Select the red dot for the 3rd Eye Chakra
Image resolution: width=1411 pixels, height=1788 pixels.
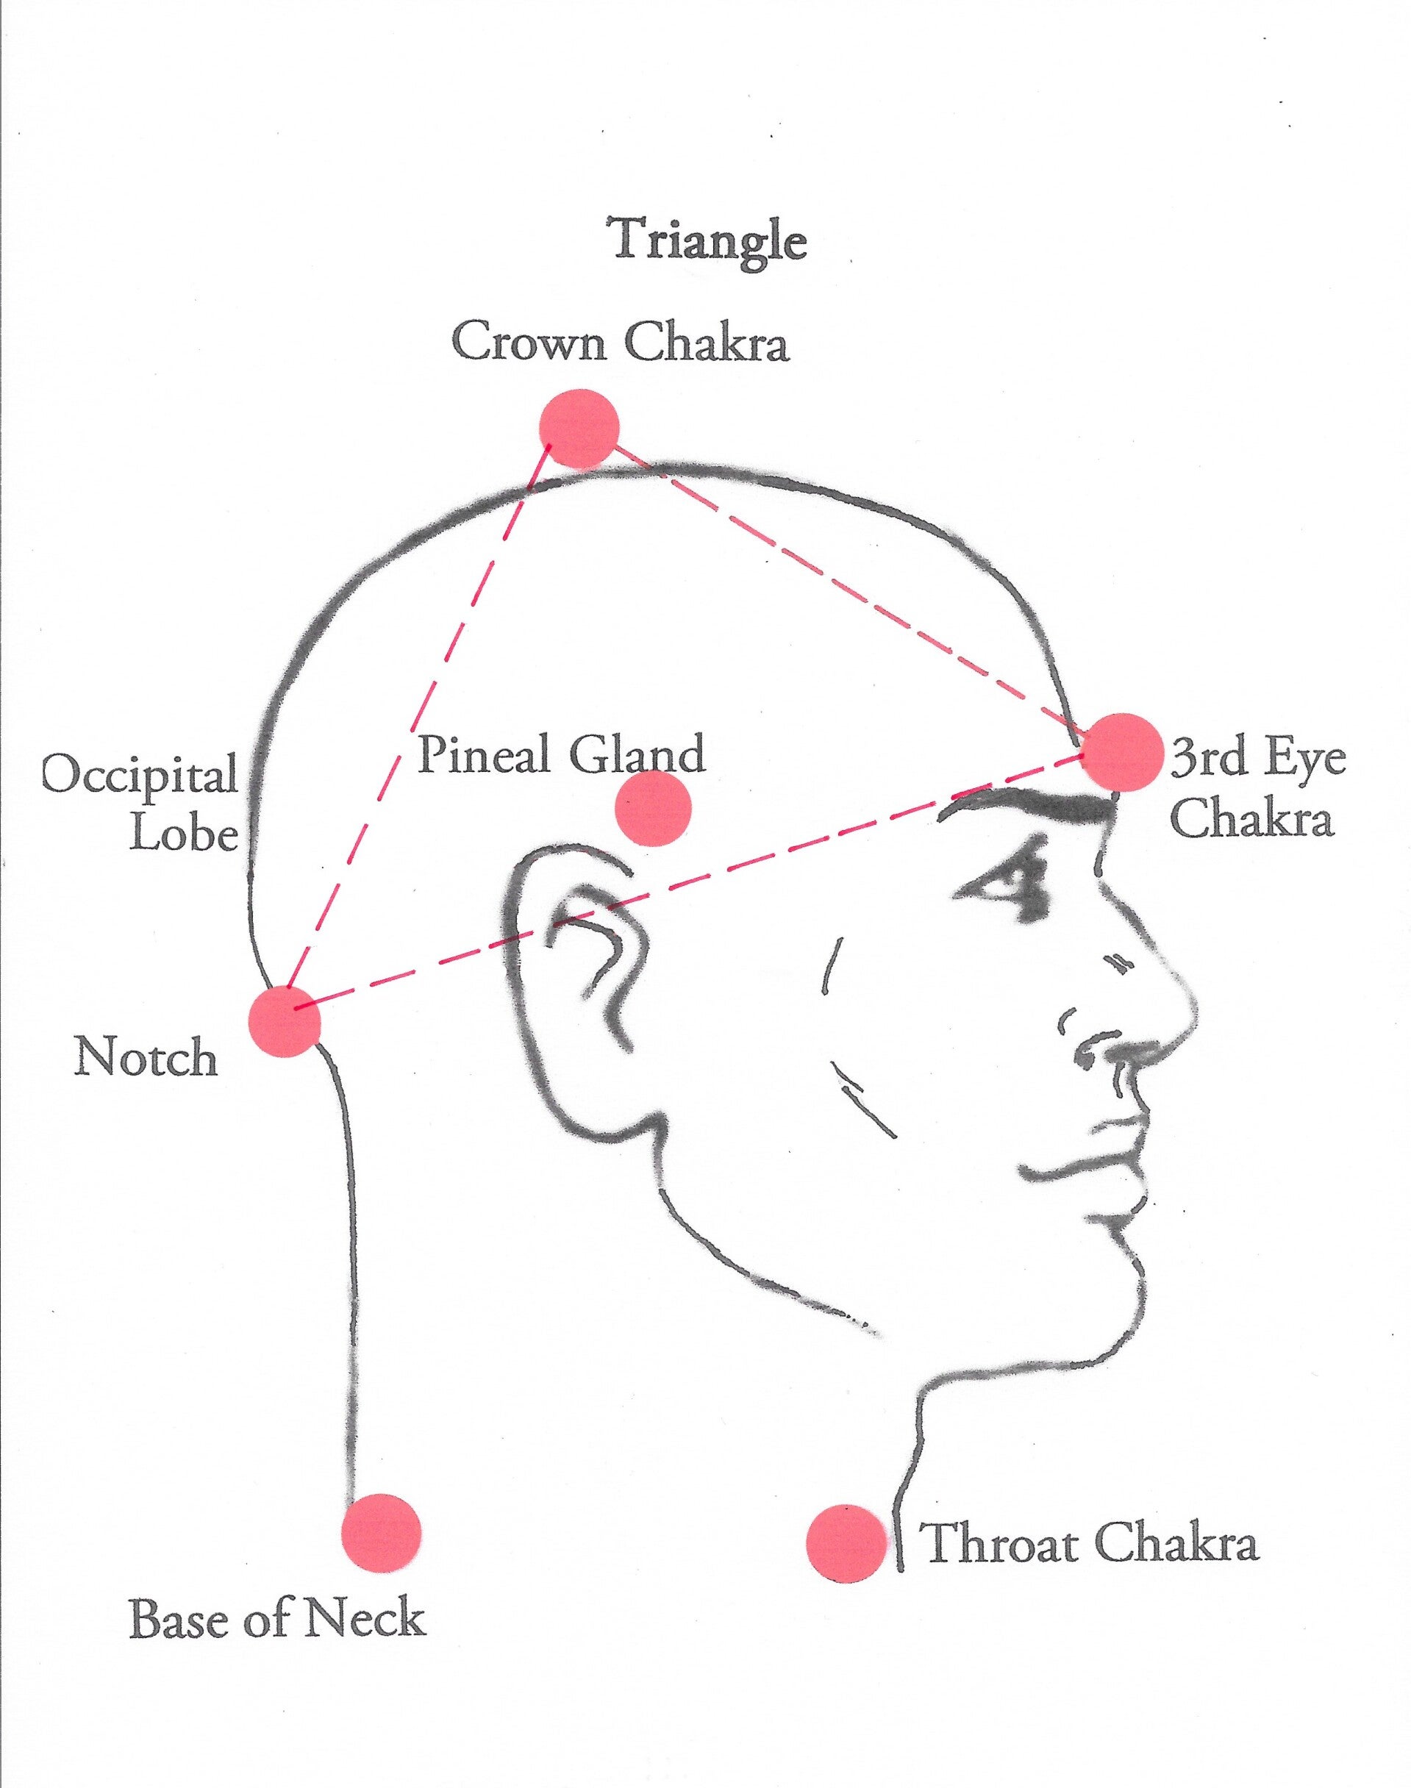pyautogui.click(x=1123, y=752)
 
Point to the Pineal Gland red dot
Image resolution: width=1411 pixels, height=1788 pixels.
pyautogui.click(x=653, y=808)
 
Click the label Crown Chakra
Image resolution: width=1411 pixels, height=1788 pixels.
pyautogui.click(x=620, y=342)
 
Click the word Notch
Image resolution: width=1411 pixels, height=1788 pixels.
pyautogui.click(x=146, y=1057)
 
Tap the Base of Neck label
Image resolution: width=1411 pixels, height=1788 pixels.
pyautogui.click(x=278, y=1619)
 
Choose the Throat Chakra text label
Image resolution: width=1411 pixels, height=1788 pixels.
pyautogui.click(x=1090, y=1542)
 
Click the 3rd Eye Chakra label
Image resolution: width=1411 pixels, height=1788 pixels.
pyautogui.click(x=1257, y=790)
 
